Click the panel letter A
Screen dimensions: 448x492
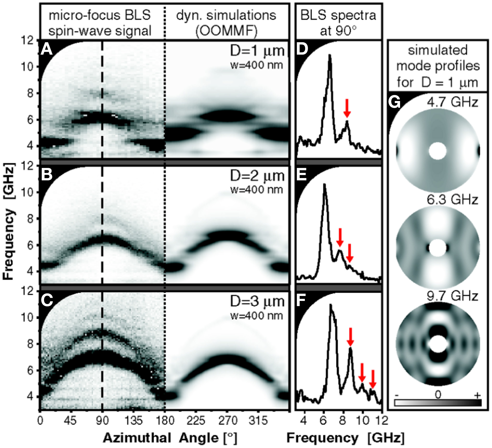47,49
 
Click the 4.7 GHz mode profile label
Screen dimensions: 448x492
452,102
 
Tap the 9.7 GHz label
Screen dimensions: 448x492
452,296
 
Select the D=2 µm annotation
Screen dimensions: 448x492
257,176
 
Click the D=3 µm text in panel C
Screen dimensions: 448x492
257,301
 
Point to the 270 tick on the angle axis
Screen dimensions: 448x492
228,420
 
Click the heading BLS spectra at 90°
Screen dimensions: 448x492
338,23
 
